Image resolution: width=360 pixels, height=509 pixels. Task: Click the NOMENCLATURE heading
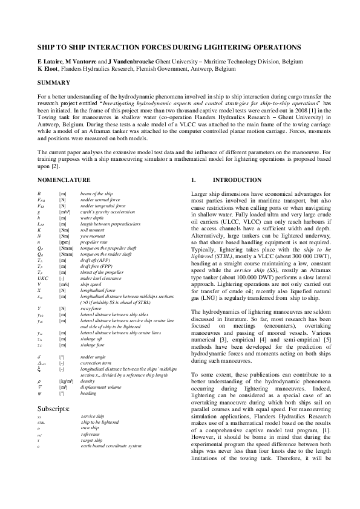point(64,180)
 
